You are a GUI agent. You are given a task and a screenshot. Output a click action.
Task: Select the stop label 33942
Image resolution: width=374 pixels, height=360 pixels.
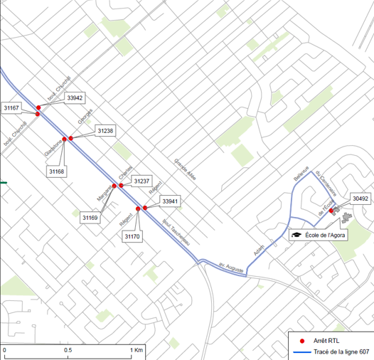point(74,97)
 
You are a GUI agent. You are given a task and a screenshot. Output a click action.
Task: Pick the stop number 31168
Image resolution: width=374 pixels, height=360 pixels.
point(58,171)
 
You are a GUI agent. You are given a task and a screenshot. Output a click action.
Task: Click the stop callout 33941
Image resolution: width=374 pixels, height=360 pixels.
point(171,201)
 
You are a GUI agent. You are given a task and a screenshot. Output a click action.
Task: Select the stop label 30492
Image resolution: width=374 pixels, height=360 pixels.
point(360,198)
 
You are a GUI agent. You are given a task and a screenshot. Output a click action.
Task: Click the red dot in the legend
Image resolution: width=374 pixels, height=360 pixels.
point(302,341)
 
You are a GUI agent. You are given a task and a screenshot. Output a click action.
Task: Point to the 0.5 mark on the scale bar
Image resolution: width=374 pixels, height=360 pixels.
point(68,351)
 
